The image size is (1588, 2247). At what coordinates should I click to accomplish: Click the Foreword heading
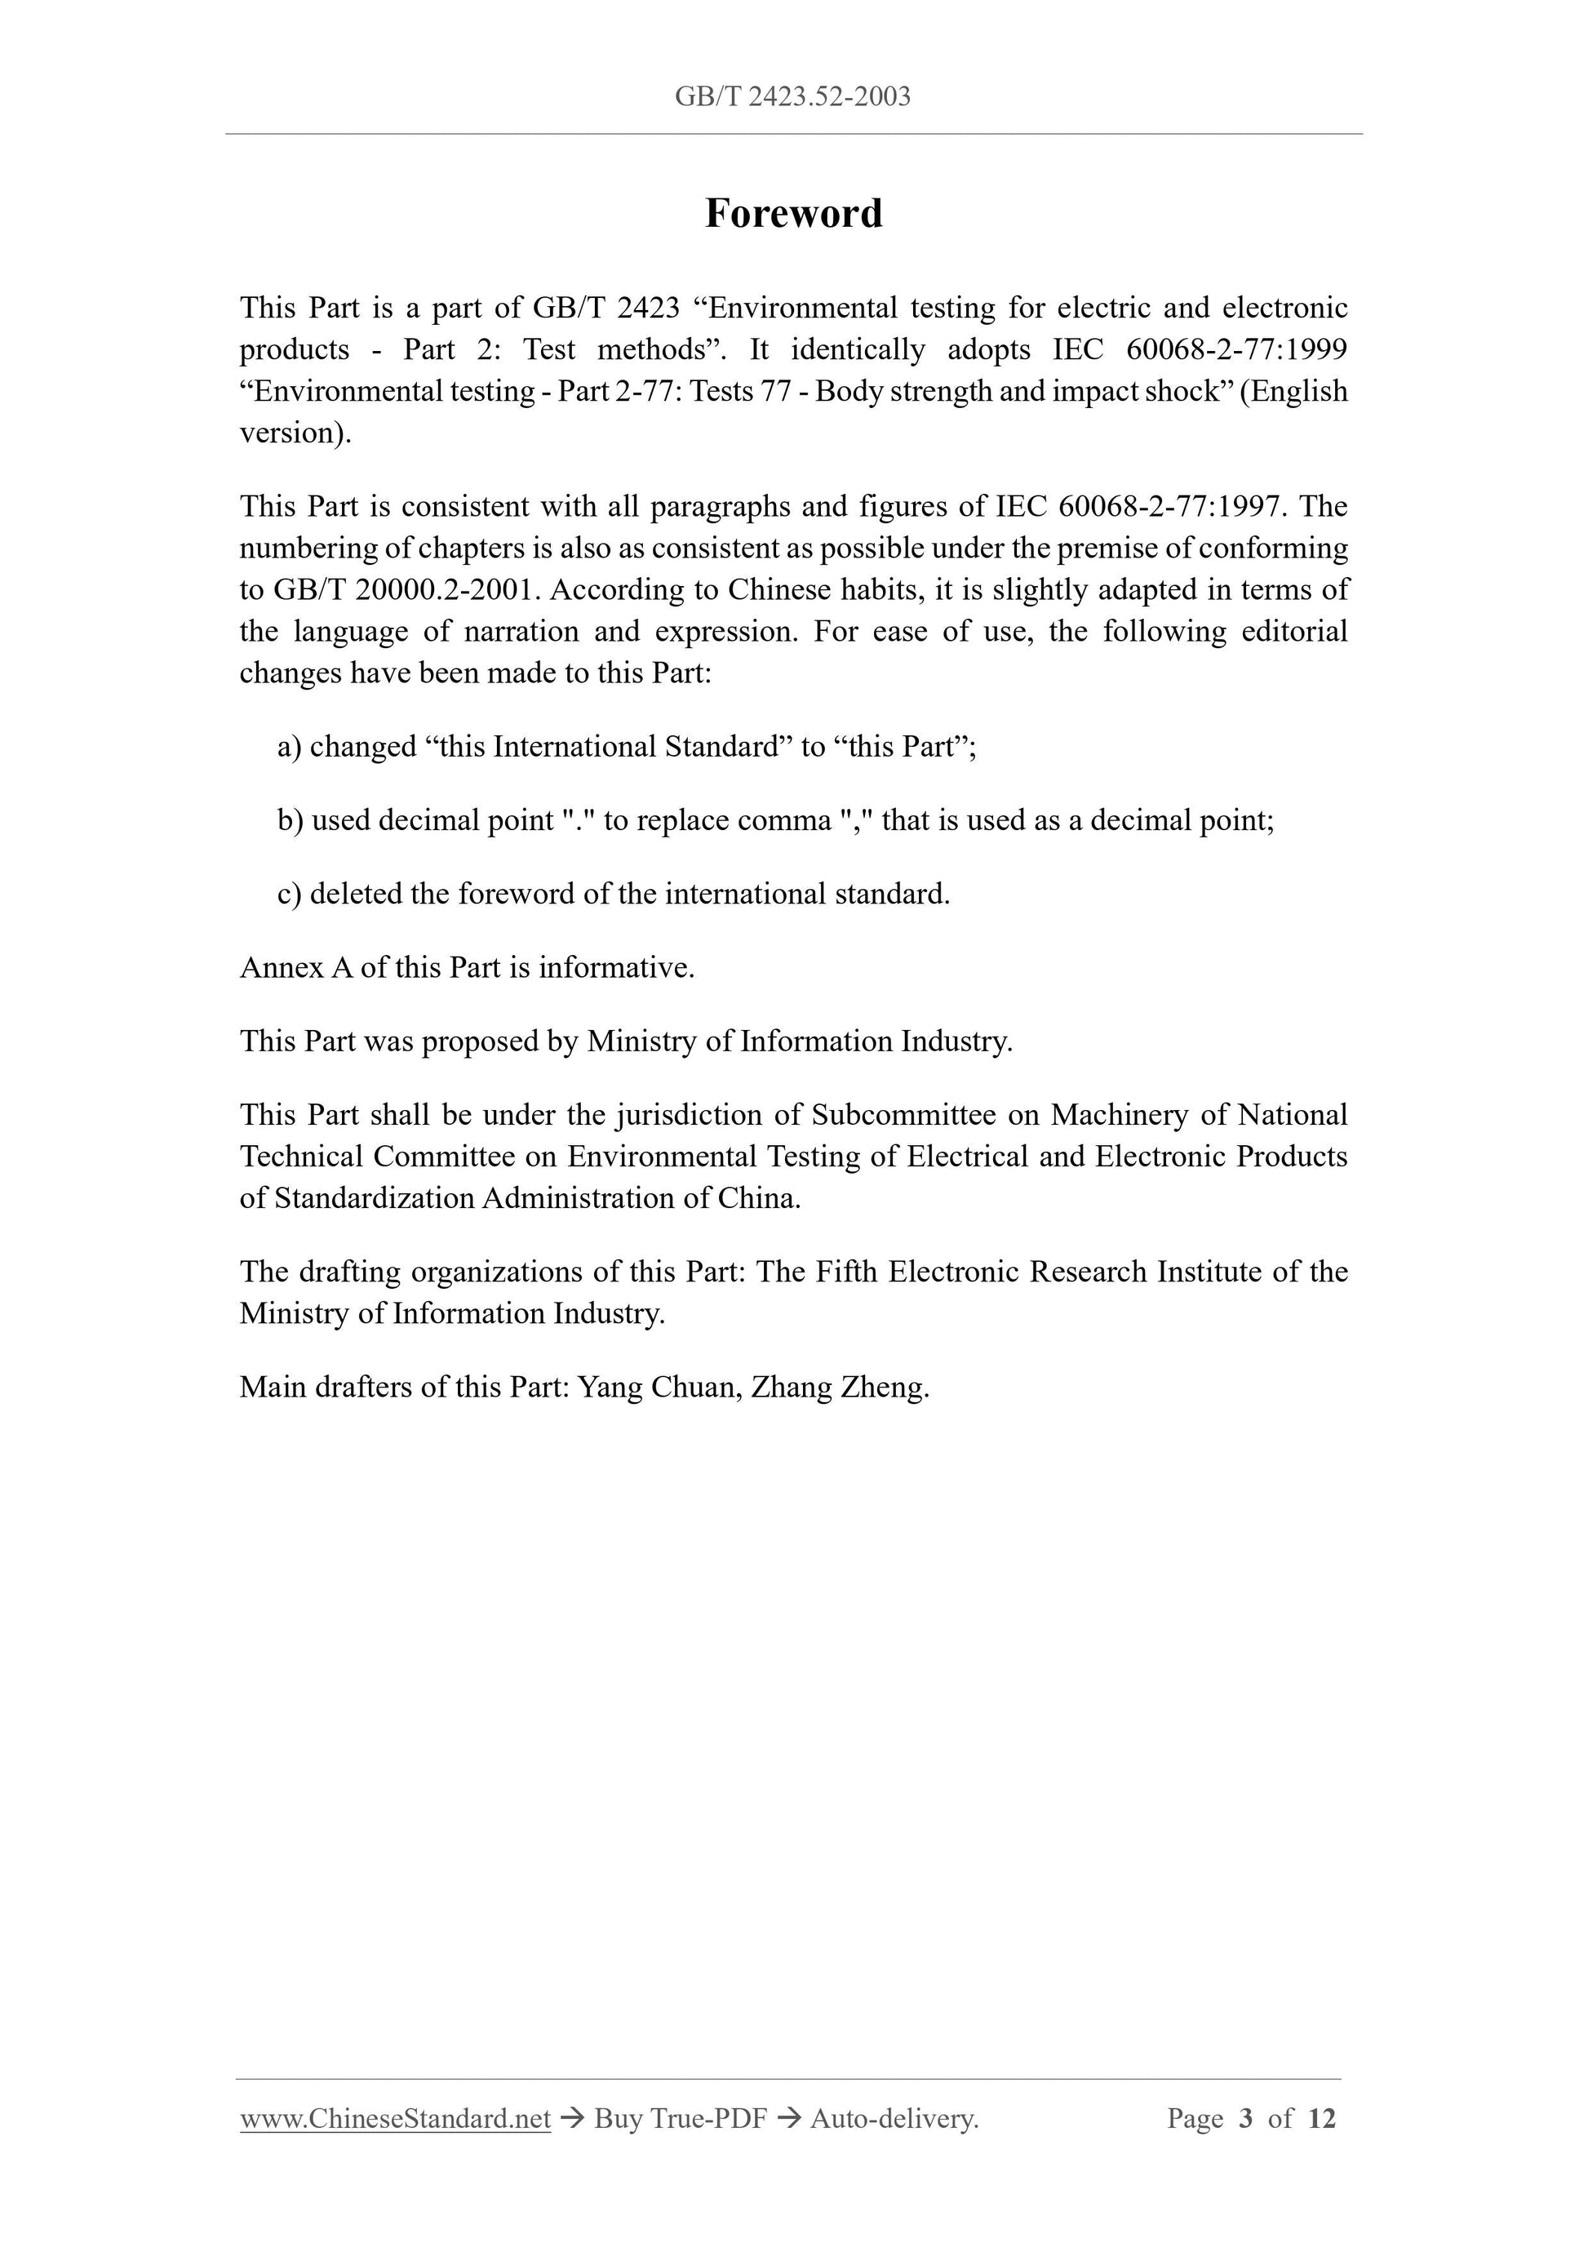[x=793, y=213]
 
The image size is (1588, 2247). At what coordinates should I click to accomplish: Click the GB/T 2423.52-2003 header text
[x=792, y=96]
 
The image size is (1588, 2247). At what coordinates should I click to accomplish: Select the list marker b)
[x=290, y=820]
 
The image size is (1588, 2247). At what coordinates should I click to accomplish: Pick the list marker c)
[x=289, y=894]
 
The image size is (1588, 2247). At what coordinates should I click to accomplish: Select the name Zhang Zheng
[x=837, y=1388]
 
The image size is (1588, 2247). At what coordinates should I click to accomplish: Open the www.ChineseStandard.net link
[x=395, y=2119]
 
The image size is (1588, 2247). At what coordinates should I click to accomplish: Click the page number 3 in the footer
[x=1245, y=2119]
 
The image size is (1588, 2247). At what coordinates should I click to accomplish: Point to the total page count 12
[x=1321, y=2119]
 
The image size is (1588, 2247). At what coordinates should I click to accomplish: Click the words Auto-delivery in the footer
[x=894, y=2119]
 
